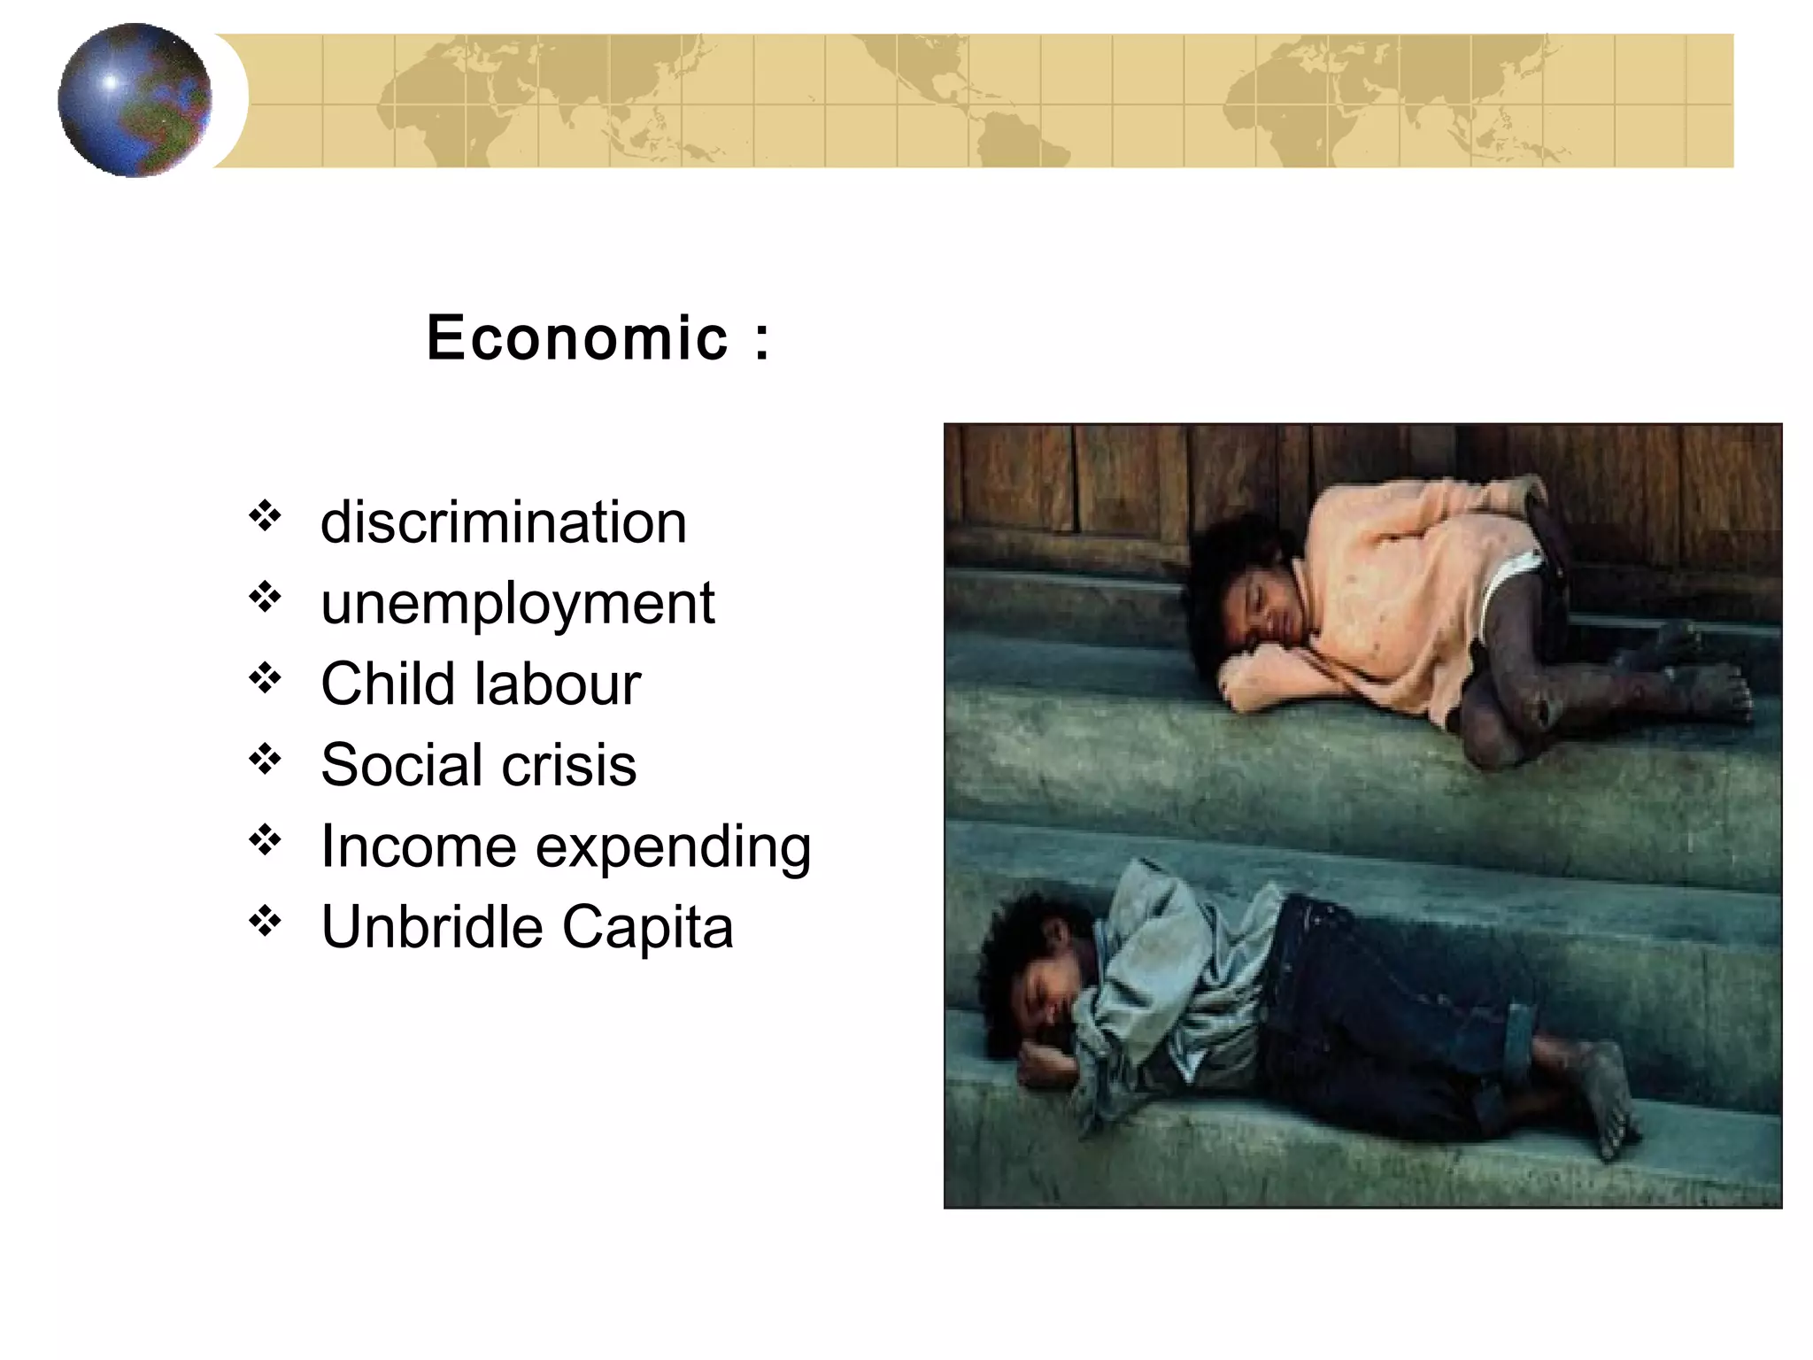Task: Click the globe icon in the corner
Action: coord(135,100)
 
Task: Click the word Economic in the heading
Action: coord(577,337)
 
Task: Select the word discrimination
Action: coord(503,522)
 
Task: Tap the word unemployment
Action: coord(517,604)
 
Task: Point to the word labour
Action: coord(558,684)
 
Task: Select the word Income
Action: coord(417,846)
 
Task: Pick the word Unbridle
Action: coord(431,927)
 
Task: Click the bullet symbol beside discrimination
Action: coord(265,515)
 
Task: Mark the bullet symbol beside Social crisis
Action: coord(265,759)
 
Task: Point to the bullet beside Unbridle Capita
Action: coord(265,922)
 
